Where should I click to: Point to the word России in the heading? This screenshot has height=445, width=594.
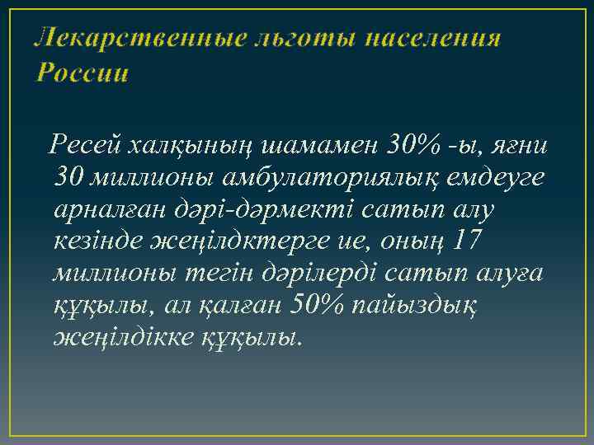point(82,73)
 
